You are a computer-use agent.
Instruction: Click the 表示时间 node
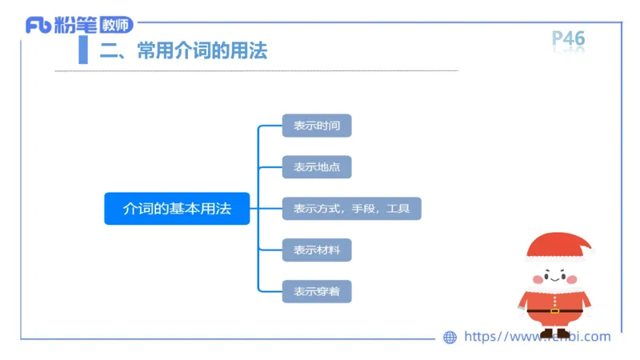(317, 126)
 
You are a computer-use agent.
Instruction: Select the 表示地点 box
(317, 167)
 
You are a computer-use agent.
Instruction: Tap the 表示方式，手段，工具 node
(351, 209)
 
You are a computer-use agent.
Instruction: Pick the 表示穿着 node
(317, 291)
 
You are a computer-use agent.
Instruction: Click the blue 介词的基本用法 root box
(177, 209)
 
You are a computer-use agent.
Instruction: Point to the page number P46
(569, 38)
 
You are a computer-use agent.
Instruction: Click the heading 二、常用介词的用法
(183, 52)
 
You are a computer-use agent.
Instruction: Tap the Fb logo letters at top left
(38, 26)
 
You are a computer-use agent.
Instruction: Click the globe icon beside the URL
(450, 338)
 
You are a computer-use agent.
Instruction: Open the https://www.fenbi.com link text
(537, 337)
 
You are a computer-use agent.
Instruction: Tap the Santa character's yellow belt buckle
(554, 310)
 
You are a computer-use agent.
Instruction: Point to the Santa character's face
(554, 275)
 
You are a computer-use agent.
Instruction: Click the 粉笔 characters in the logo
(77, 26)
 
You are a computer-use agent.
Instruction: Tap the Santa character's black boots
(554, 333)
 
